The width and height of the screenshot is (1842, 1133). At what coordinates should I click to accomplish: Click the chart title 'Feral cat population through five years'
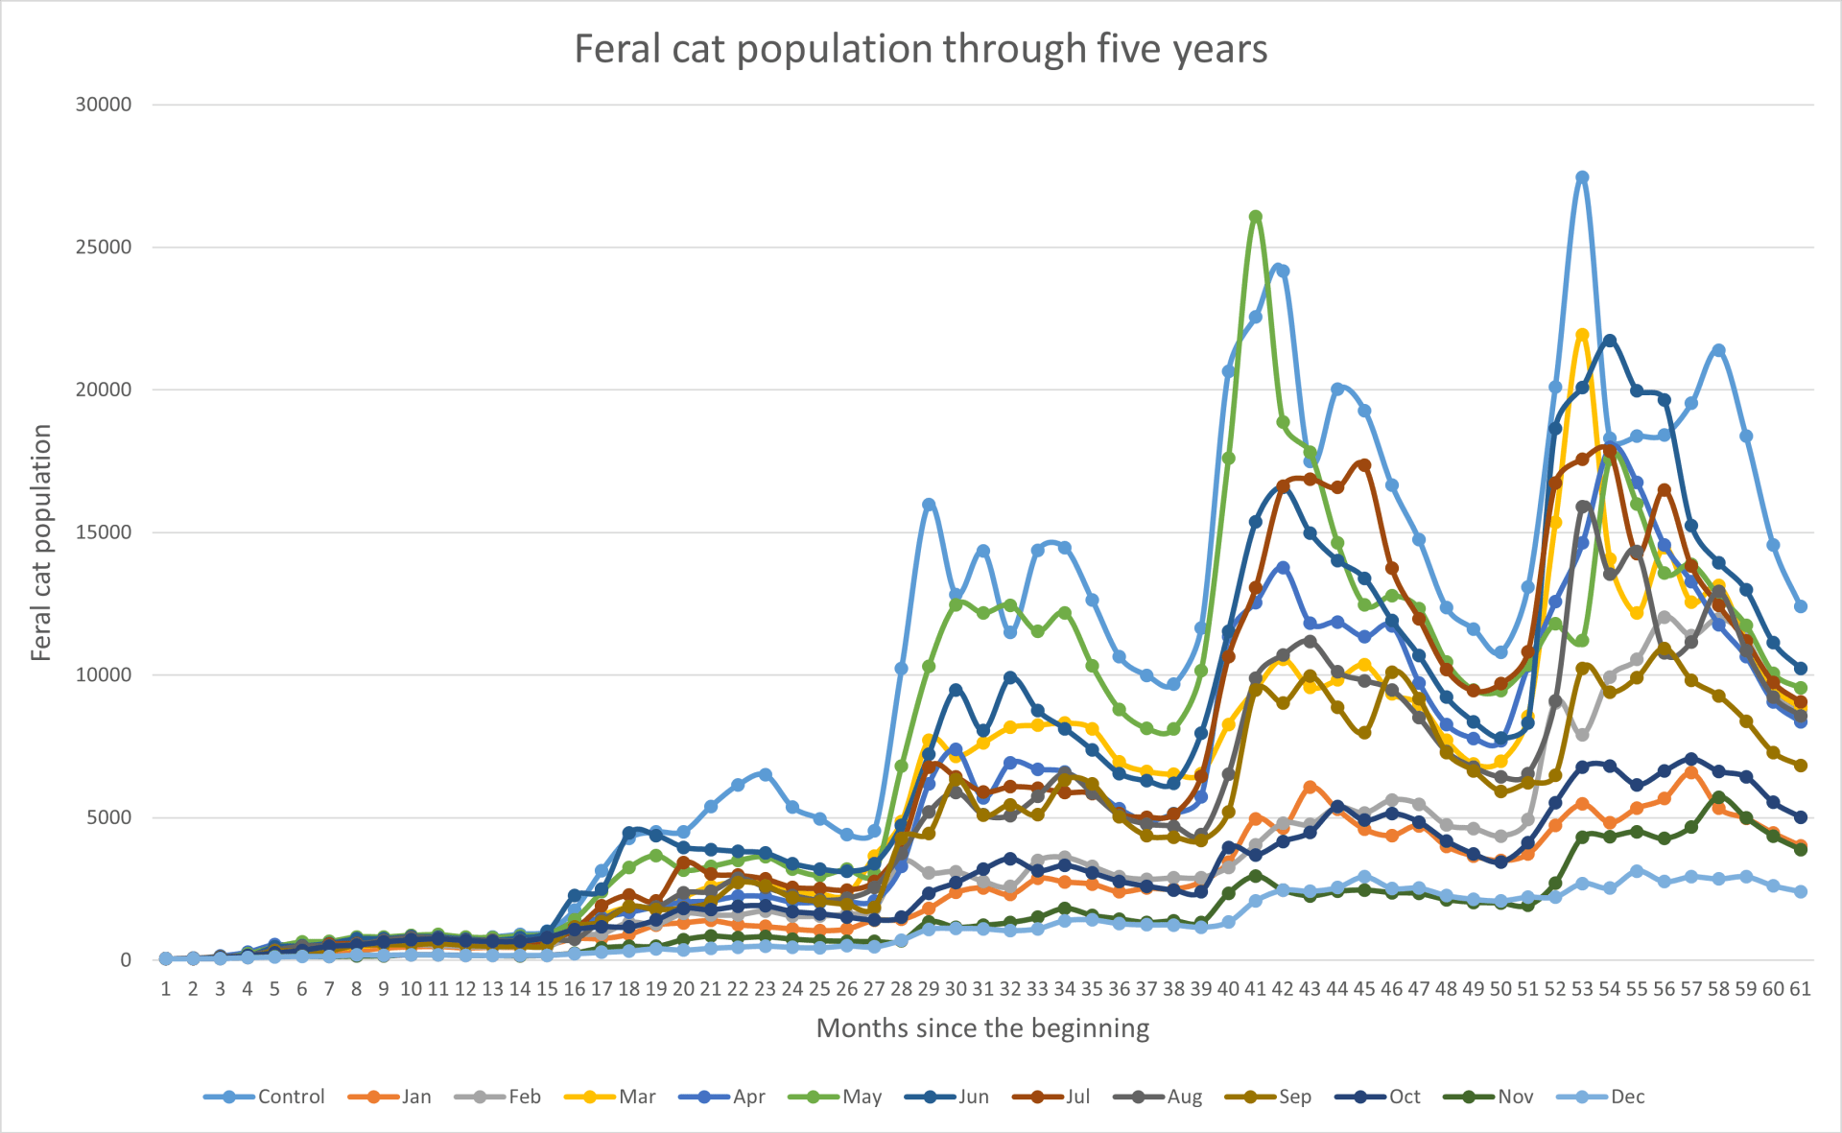coord(920,49)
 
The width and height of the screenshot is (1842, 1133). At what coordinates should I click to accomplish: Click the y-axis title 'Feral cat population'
coord(40,543)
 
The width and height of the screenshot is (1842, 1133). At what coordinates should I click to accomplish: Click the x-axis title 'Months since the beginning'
coord(982,1028)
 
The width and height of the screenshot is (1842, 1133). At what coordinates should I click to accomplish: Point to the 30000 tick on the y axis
coord(104,105)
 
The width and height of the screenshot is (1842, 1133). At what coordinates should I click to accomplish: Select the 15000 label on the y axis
coord(104,532)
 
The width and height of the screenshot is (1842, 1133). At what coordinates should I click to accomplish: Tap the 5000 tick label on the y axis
coord(108,817)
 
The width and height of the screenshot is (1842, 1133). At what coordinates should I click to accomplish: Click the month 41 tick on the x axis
coord(1255,989)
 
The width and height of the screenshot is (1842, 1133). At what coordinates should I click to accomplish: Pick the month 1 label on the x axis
coord(166,989)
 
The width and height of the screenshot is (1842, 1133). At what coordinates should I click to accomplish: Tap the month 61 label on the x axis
coord(1800,989)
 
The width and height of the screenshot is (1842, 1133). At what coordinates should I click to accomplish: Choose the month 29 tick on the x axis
coord(929,989)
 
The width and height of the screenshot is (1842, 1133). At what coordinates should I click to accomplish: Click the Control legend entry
coord(266,1097)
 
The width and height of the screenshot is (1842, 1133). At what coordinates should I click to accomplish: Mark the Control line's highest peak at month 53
coord(1582,177)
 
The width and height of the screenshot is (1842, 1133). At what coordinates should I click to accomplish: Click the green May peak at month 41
coord(1255,217)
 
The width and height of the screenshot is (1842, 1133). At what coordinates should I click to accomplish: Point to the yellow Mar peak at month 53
coord(1582,335)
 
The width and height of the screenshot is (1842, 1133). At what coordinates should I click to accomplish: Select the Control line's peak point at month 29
coord(929,504)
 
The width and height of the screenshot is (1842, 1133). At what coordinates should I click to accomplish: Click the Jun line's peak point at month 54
coord(1610,341)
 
